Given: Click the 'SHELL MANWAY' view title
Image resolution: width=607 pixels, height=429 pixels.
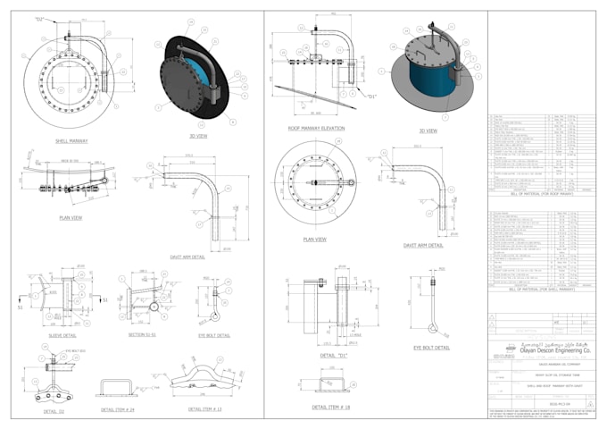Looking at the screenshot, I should pyautogui.click(x=75, y=140).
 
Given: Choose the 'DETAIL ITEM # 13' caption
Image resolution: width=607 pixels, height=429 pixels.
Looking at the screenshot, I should pyautogui.click(x=204, y=409).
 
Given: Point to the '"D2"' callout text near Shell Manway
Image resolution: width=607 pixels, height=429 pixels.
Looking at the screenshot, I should pyautogui.click(x=39, y=18).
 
